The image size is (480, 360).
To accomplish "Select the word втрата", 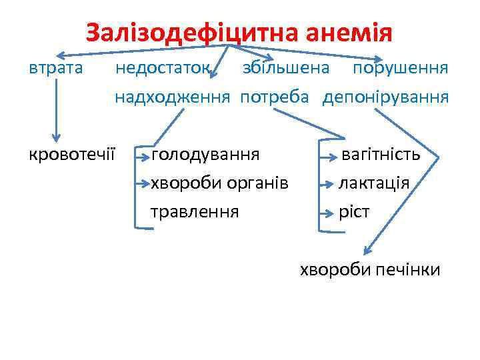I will click(x=56, y=68).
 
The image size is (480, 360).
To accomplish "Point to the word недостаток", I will click(x=164, y=68).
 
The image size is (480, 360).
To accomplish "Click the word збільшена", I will click(x=285, y=68).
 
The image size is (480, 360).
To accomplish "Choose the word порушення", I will click(x=400, y=68).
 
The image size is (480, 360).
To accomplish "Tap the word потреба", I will click(x=275, y=98).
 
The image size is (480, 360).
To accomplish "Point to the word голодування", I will click(x=205, y=155).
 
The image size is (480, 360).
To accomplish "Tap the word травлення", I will click(x=195, y=212).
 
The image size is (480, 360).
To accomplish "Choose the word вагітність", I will click(x=381, y=155).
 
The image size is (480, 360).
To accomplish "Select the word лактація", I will click(x=374, y=183).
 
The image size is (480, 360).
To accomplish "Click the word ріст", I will click(x=354, y=212).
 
